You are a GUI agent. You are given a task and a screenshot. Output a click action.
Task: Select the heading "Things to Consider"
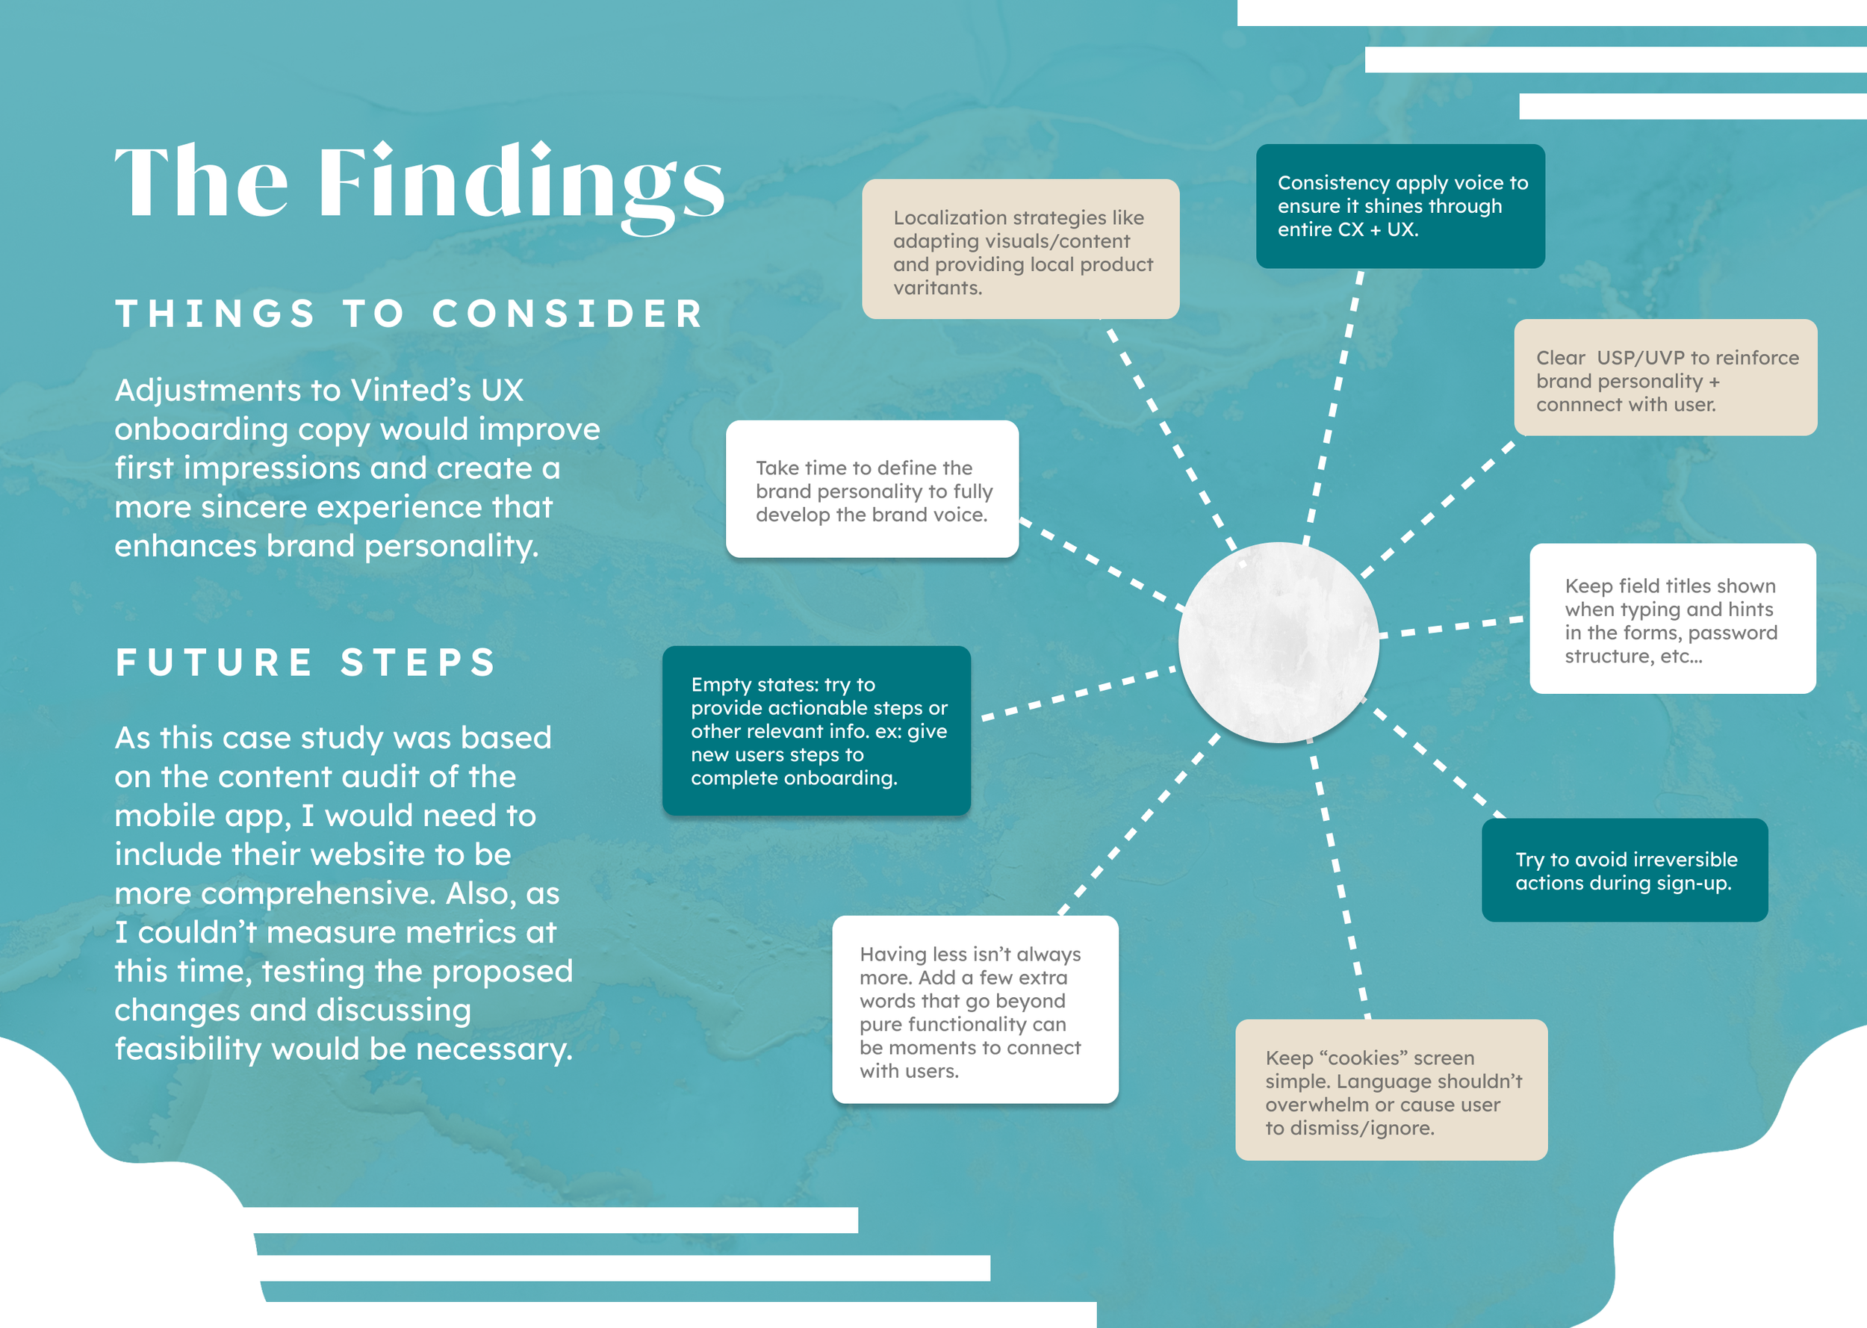(408, 314)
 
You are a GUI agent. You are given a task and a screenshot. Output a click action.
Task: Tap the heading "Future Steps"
(305, 663)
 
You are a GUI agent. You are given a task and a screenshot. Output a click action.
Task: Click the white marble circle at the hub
(1279, 643)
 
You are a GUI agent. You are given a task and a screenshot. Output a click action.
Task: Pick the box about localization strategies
(1020, 249)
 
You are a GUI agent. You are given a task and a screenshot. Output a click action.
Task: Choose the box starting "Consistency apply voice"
(1400, 206)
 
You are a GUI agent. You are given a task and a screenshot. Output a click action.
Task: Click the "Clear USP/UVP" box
(1665, 378)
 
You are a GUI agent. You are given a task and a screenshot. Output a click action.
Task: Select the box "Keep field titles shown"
(1672, 619)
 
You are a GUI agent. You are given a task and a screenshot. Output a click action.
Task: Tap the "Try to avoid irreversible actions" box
(1624, 870)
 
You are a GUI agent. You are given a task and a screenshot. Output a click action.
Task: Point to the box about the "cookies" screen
(1391, 1090)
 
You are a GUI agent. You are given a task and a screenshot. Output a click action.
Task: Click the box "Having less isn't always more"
(975, 1010)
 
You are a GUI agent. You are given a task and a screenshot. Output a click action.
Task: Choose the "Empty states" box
(816, 730)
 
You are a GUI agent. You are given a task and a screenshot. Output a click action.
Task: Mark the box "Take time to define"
(872, 490)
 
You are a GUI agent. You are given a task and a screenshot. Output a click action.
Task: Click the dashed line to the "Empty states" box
(1079, 692)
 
